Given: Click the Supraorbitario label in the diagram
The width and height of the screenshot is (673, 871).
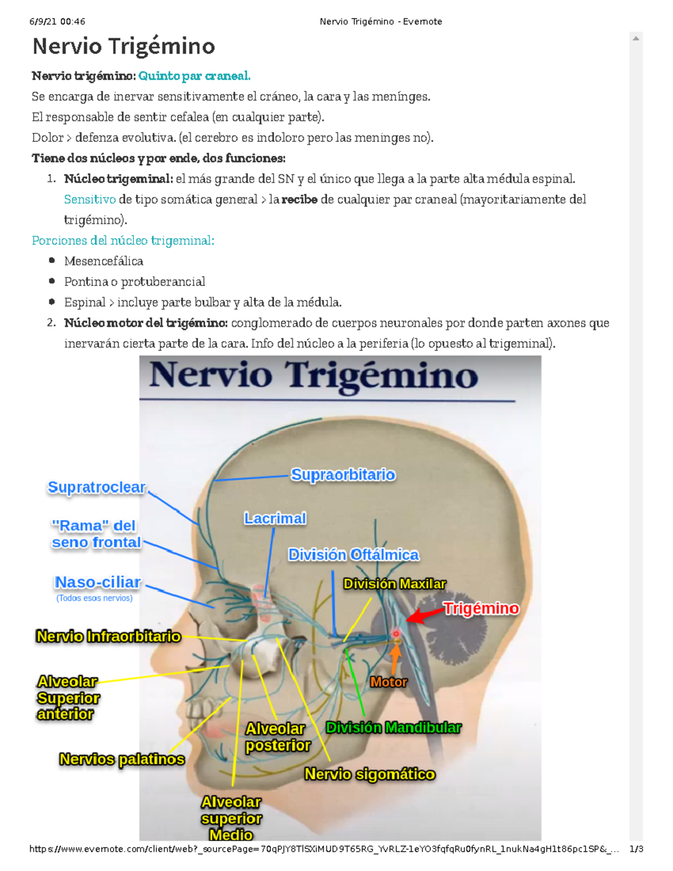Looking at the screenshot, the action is (x=343, y=475).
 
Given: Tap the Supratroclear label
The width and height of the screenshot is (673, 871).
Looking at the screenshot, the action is (x=96, y=487).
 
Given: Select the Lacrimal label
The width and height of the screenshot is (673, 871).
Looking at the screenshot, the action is (x=275, y=518).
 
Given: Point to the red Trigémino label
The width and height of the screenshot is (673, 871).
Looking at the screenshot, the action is (x=481, y=609).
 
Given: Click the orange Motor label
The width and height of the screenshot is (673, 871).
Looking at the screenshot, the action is (x=388, y=682).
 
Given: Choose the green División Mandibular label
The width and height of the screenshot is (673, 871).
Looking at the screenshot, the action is (x=393, y=728).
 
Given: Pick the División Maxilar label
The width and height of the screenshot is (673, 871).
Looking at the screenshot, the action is (x=394, y=584).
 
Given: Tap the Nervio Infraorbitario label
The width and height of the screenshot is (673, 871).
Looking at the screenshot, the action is (x=108, y=636).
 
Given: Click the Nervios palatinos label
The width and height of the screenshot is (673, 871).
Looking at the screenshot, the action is (x=122, y=759).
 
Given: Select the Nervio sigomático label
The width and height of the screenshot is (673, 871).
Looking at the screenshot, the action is (x=370, y=775).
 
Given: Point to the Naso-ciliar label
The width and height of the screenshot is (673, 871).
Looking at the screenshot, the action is (x=98, y=582).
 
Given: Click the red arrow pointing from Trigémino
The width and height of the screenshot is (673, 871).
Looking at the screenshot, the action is (x=424, y=615).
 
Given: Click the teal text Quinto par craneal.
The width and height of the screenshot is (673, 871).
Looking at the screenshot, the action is (x=194, y=76).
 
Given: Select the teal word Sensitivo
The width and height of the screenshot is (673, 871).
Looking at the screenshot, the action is (x=90, y=199).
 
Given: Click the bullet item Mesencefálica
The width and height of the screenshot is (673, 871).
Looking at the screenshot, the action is (x=103, y=261).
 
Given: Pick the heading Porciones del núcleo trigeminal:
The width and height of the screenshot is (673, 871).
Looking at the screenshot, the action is (x=123, y=241).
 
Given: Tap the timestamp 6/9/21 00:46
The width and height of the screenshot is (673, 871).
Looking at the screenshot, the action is (x=57, y=22).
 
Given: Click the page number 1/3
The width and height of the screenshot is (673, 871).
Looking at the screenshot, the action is (x=636, y=849).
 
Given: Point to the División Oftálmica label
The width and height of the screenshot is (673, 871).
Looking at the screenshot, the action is (x=353, y=555).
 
